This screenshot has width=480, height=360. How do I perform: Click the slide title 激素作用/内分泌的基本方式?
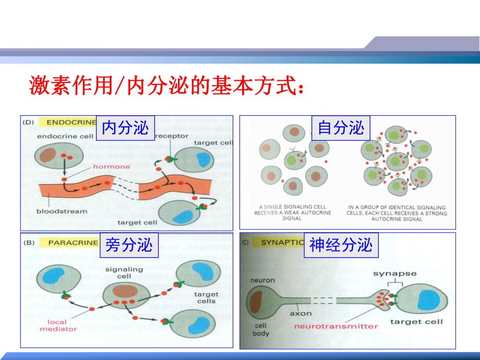tap(166, 85)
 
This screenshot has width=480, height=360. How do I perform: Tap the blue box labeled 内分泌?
tap(125, 128)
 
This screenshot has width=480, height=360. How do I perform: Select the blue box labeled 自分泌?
tap(341, 128)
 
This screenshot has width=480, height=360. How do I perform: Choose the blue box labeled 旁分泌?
tap(129, 245)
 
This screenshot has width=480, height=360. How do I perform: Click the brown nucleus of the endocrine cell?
tap(49, 155)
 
